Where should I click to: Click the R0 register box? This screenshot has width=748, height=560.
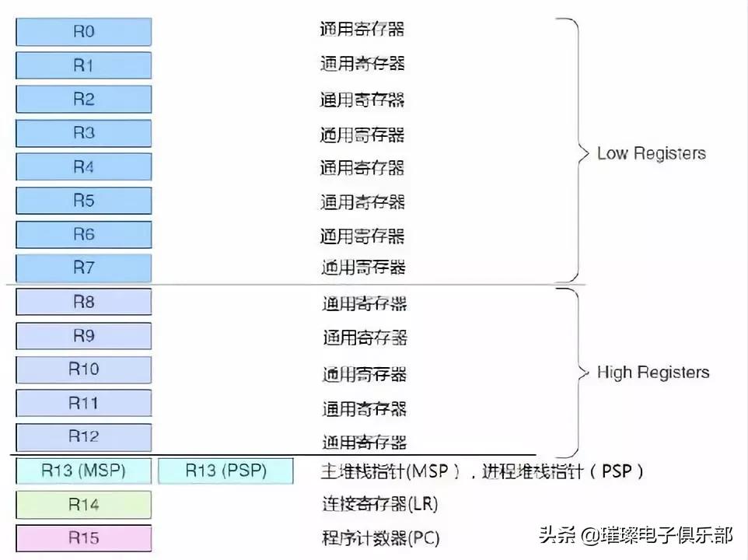pos(83,32)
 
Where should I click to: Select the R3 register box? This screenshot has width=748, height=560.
pos(83,133)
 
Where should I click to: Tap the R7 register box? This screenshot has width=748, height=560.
pos(83,268)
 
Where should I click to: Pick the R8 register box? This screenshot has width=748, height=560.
pos(83,302)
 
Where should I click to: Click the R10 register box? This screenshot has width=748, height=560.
pos(83,369)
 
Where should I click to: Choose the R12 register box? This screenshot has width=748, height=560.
pos(83,436)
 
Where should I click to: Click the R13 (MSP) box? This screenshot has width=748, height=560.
pos(83,471)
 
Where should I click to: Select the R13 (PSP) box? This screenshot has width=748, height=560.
pos(225,471)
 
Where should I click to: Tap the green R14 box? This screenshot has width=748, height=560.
pos(83,504)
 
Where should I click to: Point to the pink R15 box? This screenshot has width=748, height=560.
pos(83,537)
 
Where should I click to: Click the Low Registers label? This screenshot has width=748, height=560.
pos(651,153)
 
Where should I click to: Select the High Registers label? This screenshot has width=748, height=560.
pos(652,373)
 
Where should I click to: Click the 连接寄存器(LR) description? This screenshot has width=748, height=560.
pos(379,505)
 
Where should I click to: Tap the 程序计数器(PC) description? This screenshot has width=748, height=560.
pos(380,538)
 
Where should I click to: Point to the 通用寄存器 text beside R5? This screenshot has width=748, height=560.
pos(362,201)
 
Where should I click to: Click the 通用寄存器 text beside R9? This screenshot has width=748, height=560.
pos(365,338)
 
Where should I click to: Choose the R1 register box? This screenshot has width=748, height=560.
pos(83,65)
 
